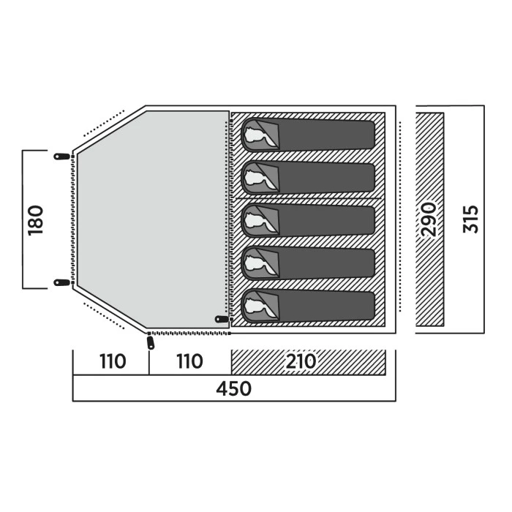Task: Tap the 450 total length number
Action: pos(234,388)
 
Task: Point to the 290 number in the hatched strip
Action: pos(429,219)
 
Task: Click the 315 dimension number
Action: pos(472,219)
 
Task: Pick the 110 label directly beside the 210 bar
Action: pos(189,362)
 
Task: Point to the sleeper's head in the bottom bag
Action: pos(256,306)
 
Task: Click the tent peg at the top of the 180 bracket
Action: pos(62,156)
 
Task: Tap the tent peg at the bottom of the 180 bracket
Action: pos(62,282)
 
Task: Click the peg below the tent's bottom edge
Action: pos(151,342)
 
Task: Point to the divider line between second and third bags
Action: pos(307,198)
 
